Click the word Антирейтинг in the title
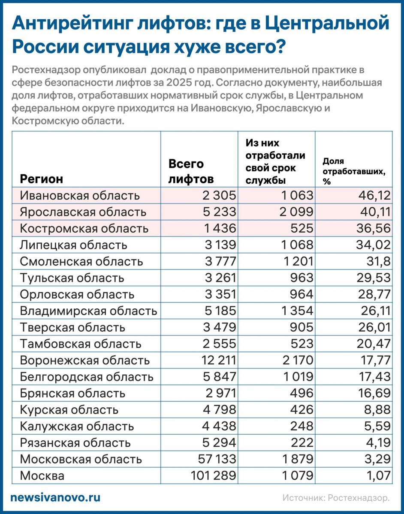click(x=73, y=23)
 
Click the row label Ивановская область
click(x=80, y=196)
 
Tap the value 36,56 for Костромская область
click(x=373, y=228)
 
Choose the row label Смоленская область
click(x=81, y=261)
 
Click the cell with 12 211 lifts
click(x=217, y=360)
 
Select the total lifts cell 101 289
click(x=212, y=475)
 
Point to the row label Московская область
click(x=81, y=459)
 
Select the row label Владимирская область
click(x=88, y=311)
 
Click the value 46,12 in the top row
click(x=373, y=196)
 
